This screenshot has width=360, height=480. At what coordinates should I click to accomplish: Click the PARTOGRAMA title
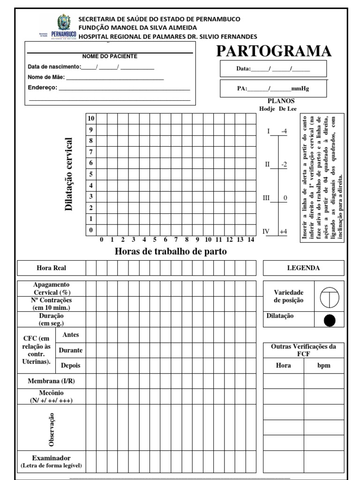point(274,51)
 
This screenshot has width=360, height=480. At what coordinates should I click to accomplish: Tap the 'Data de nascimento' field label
point(54,67)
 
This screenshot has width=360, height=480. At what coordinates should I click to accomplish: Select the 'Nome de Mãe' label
point(46,77)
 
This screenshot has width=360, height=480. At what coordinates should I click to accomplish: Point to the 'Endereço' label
point(43,87)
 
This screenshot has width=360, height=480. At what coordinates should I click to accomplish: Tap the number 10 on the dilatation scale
point(92,118)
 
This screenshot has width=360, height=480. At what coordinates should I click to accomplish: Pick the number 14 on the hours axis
point(251,240)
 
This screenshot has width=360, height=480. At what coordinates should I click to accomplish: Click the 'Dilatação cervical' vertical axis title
point(69,174)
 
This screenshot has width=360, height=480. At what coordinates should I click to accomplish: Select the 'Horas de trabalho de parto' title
point(171,252)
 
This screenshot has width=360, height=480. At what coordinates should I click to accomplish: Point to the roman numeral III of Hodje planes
point(266,198)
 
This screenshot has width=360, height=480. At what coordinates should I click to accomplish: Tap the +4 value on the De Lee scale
point(283,232)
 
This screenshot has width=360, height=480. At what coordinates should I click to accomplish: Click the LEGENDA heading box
point(303,268)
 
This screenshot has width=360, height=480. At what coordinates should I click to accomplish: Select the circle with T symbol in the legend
point(330,296)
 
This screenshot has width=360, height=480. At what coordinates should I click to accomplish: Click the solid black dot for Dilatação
point(330,320)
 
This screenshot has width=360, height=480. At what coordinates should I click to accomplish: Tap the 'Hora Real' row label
point(52,268)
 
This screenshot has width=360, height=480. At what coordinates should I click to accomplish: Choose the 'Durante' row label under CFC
point(71,350)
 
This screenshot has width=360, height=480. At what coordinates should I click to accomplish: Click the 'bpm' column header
point(324,366)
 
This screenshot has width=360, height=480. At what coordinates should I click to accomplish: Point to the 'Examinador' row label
point(52,458)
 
